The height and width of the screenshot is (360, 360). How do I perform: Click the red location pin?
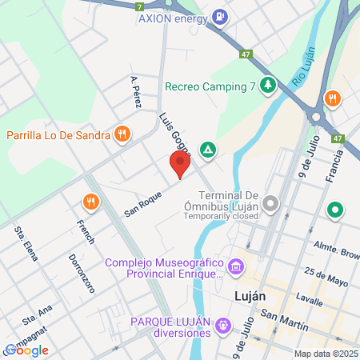pyautogui.click(x=180, y=165)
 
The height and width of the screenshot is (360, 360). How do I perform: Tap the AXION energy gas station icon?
pyautogui.click(x=219, y=17)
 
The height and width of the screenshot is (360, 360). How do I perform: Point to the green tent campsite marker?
pyautogui.click(x=208, y=148)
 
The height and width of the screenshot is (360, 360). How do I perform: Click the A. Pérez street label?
pyautogui.click(x=135, y=91)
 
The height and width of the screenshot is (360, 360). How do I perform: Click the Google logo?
pyautogui.click(x=26, y=350)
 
